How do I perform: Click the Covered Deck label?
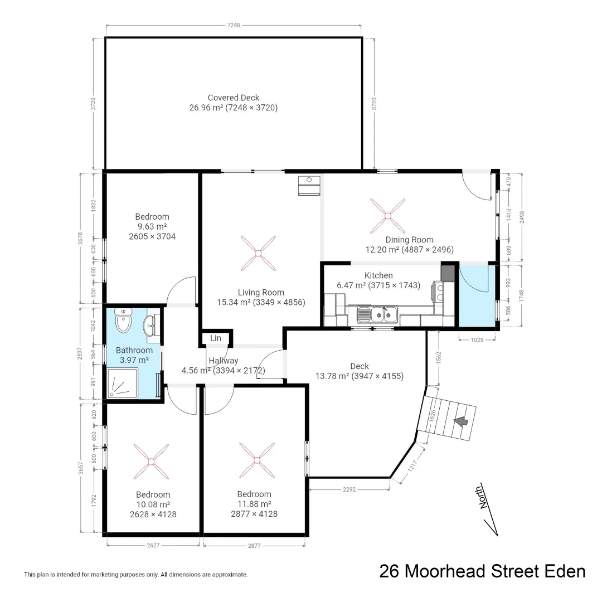[233, 98]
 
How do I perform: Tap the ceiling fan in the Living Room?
[258, 253]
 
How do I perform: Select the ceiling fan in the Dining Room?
[387, 216]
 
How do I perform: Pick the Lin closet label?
[215, 338]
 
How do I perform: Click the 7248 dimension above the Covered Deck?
[234, 26]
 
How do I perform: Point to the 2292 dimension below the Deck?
[349, 489]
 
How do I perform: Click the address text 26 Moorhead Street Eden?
[482, 571]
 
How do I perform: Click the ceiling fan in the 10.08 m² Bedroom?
[151, 461]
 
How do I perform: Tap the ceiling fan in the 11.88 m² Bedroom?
[257, 460]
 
